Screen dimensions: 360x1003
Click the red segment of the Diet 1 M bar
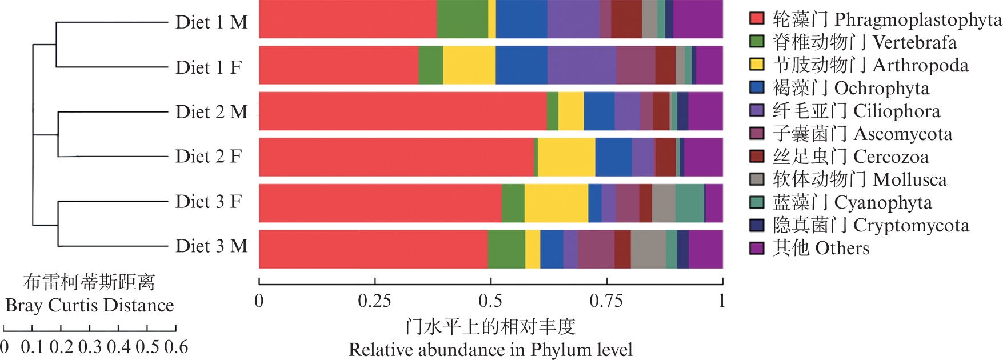(x=347, y=19)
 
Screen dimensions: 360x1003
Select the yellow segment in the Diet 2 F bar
(x=566, y=157)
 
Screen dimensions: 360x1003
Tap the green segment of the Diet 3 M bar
(x=506, y=249)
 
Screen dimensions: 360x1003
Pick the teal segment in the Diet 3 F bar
(x=689, y=203)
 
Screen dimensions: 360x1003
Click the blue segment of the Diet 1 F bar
(x=521, y=65)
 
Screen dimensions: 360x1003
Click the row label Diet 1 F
(x=209, y=67)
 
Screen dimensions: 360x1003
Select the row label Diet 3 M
(x=211, y=246)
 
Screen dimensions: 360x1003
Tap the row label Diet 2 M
(x=211, y=112)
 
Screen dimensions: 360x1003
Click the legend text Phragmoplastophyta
(x=918, y=20)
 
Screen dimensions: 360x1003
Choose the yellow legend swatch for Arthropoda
(x=757, y=64)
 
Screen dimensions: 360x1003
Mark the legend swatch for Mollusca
(x=757, y=179)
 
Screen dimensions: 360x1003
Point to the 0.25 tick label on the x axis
(x=374, y=301)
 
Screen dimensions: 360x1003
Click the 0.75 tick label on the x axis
(x=606, y=301)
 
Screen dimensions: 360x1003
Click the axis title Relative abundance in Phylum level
(x=490, y=350)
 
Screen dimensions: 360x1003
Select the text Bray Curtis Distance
(x=90, y=306)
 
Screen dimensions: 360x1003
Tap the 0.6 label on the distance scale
(x=176, y=347)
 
